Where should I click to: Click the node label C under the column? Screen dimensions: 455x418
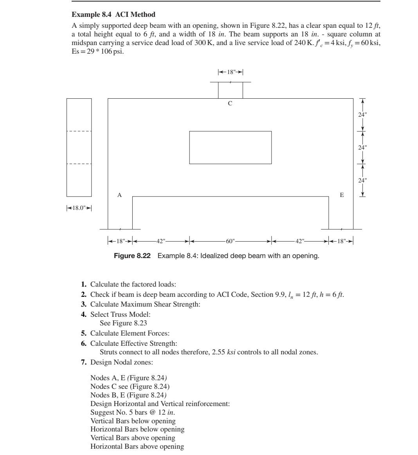pos(230,104)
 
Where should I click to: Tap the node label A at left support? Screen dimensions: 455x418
pos(120,195)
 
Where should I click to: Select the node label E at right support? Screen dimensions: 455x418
pos(342,195)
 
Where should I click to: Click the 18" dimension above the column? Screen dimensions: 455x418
pos(231,72)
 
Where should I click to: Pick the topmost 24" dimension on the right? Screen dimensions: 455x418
pos(363,115)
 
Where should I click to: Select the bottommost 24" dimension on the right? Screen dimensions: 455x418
pos(363,181)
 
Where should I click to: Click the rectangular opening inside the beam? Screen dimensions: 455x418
pos(230,147)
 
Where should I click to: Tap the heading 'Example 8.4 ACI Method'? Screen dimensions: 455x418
pos(114,15)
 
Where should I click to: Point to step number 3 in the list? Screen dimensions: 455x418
pos(84,304)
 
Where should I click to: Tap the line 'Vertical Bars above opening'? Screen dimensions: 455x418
pos(133,438)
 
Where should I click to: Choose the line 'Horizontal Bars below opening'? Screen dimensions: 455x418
pos(137,429)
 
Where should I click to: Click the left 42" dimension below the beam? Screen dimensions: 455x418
pos(161,241)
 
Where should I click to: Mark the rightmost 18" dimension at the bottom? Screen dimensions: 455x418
pos(341,241)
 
